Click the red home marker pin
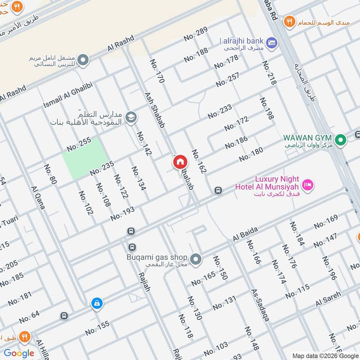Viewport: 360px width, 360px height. (x=180, y=162)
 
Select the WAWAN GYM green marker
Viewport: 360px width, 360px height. (x=341, y=140)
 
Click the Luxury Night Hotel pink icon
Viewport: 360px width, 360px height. (x=308, y=184)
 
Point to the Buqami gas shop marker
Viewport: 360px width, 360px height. (x=195, y=259)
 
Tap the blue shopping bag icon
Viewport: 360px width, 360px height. (x=96, y=304)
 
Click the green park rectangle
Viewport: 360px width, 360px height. (x=84, y=157)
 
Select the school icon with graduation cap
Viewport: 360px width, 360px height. (x=131, y=117)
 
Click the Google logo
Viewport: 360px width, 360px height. (x=19, y=353)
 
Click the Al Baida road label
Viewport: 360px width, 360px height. (x=245, y=234)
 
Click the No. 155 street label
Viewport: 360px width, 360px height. (x=97, y=328)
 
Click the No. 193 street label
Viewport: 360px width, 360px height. (x=122, y=214)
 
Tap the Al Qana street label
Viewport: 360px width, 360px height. (x=38, y=198)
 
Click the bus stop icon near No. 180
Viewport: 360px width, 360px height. (x=218, y=190)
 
